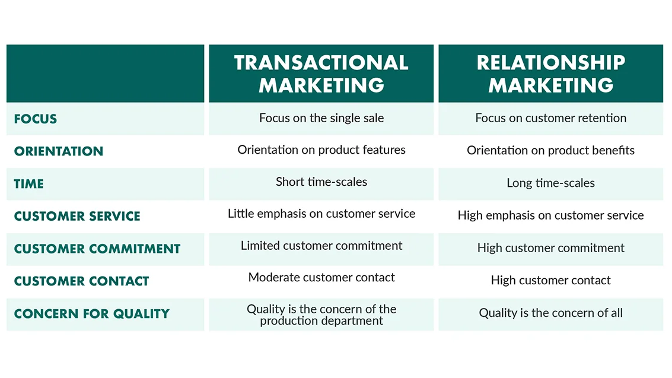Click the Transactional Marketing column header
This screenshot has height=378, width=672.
coord(321,74)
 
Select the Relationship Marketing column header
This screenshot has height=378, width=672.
coord(551,74)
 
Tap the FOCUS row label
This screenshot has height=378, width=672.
coord(35,119)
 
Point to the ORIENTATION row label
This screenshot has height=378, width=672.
coord(59,151)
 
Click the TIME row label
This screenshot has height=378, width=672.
coord(28,184)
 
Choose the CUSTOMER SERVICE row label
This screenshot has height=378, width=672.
coord(77,216)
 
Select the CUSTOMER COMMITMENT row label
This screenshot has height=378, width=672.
coord(97,249)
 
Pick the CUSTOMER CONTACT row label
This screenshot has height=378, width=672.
coord(81,281)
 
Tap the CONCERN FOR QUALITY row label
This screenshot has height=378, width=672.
coord(92,314)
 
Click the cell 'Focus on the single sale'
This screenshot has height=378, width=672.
coord(321,118)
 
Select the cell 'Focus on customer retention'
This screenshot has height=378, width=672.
coord(551,118)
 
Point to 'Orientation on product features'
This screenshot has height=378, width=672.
coord(321,150)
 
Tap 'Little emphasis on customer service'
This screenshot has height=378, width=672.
coord(321,214)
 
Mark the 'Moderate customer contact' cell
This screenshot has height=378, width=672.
coord(321,277)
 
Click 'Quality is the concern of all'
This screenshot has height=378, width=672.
coord(551,313)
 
